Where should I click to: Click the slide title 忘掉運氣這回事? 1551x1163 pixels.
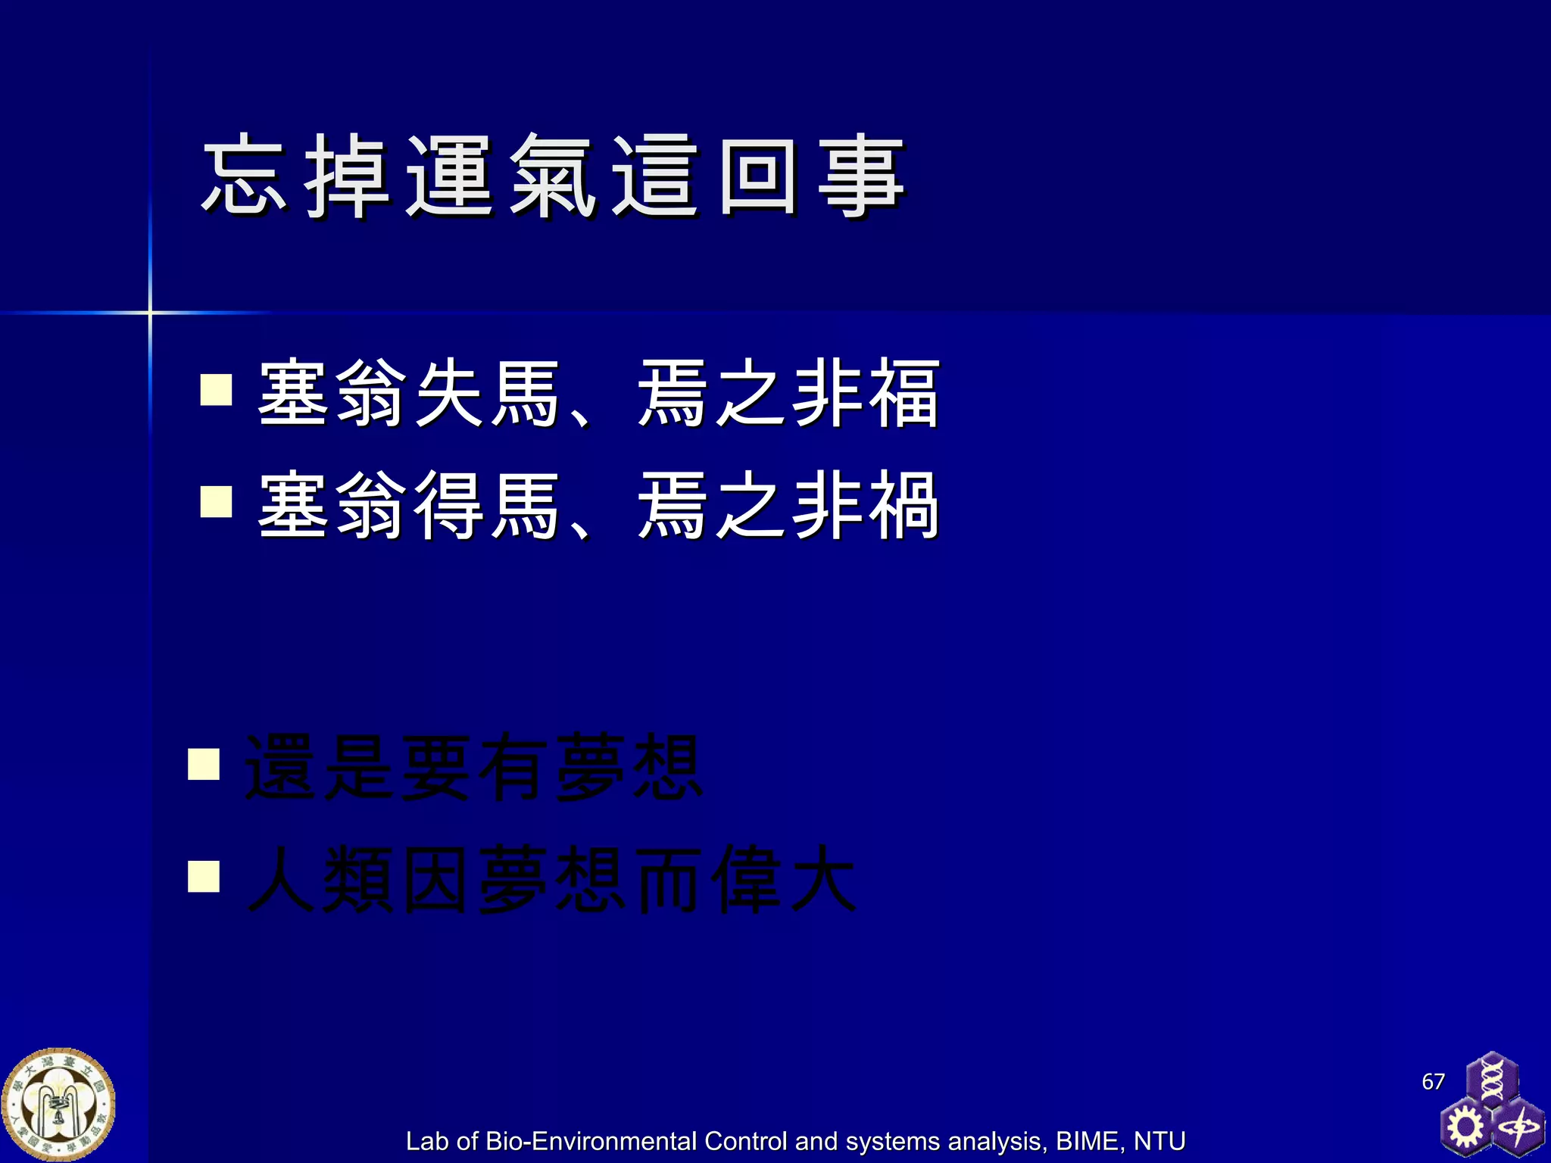pos(553,176)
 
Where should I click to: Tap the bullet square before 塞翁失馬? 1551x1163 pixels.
pos(216,390)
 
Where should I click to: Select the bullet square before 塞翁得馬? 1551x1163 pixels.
pos(216,501)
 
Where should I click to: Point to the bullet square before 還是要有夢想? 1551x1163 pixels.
pos(204,764)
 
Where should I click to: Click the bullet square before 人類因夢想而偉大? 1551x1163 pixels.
pos(204,877)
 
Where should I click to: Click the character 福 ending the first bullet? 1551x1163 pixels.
pos(903,394)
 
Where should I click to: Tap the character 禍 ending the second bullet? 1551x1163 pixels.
pos(903,505)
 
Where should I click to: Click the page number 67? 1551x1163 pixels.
pos(1433,1081)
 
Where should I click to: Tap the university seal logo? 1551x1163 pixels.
pos(59,1105)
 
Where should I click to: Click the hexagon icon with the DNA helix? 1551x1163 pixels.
pos(1491,1078)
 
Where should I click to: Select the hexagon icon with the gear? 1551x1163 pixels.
pos(1465,1127)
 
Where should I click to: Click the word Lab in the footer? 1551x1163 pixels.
pos(427,1141)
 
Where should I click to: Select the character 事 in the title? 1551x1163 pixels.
pos(861,176)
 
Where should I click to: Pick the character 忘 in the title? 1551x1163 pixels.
pos(245,176)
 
